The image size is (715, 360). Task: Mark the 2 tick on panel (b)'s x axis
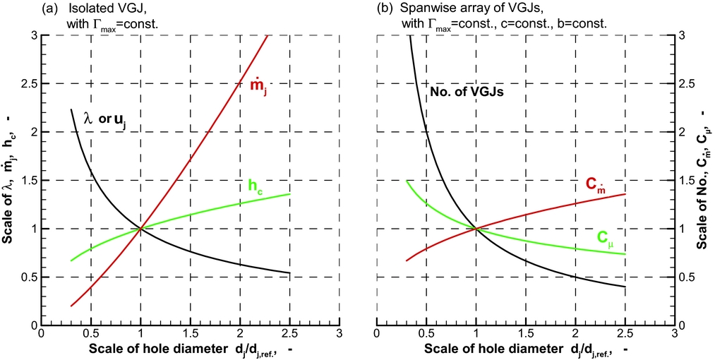(x=576, y=334)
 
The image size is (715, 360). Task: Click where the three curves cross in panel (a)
(x=140, y=228)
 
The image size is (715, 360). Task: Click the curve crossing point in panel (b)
(x=476, y=228)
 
